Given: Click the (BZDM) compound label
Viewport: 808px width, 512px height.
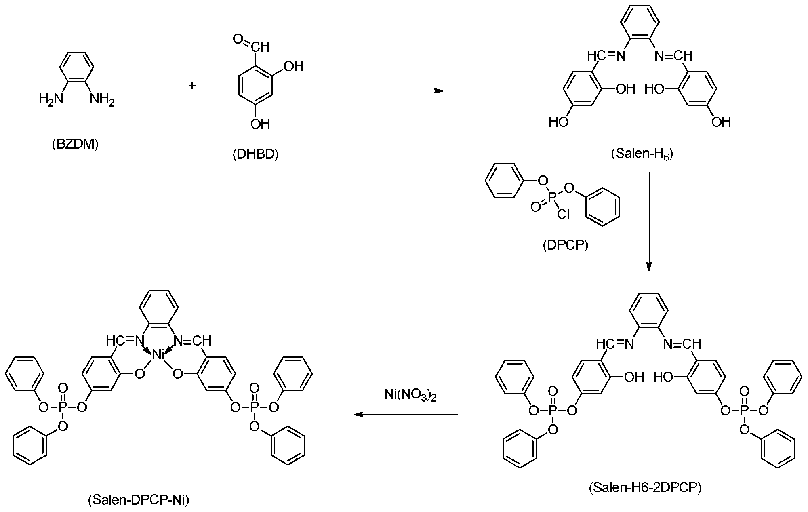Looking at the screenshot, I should click(75, 144).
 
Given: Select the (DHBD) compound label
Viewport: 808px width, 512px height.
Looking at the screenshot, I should click(256, 154).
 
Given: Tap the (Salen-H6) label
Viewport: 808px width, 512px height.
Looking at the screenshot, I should click(642, 154).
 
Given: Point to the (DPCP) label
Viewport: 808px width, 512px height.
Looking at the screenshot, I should click(565, 245).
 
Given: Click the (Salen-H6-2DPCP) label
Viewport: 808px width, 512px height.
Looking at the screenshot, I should click(645, 488).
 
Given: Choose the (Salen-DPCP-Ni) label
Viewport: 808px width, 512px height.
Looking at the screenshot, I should click(138, 500).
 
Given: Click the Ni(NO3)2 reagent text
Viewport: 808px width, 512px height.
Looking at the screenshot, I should click(410, 395).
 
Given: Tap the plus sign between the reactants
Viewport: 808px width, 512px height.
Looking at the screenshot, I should click(192, 86).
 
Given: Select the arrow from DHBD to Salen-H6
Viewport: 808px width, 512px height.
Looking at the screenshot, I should click(411, 91).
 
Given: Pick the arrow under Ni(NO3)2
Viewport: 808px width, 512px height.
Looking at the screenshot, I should click(406, 415).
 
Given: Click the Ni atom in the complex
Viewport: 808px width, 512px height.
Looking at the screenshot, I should click(158, 355).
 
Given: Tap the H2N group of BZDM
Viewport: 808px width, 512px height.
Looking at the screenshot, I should click(51, 99).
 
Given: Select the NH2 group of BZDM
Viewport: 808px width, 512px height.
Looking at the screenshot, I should click(102, 99).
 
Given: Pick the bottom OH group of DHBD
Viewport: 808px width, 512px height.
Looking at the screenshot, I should click(260, 124).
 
